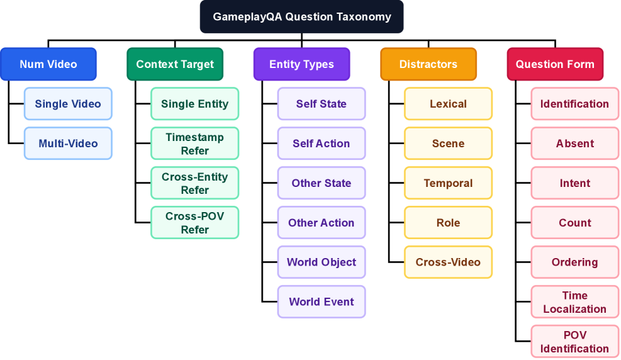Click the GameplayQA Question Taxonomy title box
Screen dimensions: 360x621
[301, 17]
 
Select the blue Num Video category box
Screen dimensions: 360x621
[48, 64]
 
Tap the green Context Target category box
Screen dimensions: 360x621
[175, 64]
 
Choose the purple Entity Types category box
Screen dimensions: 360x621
[301, 64]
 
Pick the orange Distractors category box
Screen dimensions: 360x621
[428, 64]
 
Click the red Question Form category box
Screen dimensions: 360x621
[555, 64]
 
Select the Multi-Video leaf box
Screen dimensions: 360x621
[68, 143]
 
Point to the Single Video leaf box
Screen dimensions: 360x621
[68, 104]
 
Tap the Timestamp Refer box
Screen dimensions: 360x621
[195, 143]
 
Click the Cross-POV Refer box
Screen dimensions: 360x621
[195, 223]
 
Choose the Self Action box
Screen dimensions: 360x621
[322, 143]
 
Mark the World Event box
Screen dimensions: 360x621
[322, 302]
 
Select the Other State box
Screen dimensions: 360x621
[322, 183]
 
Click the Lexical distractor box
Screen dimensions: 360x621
[448, 104]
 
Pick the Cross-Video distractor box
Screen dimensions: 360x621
[448, 262]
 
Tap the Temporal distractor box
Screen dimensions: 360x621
[448, 183]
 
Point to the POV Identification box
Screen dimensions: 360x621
[575, 342]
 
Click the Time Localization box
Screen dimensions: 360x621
[575, 302]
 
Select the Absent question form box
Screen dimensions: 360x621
[575, 143]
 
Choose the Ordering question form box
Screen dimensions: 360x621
[575, 262]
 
